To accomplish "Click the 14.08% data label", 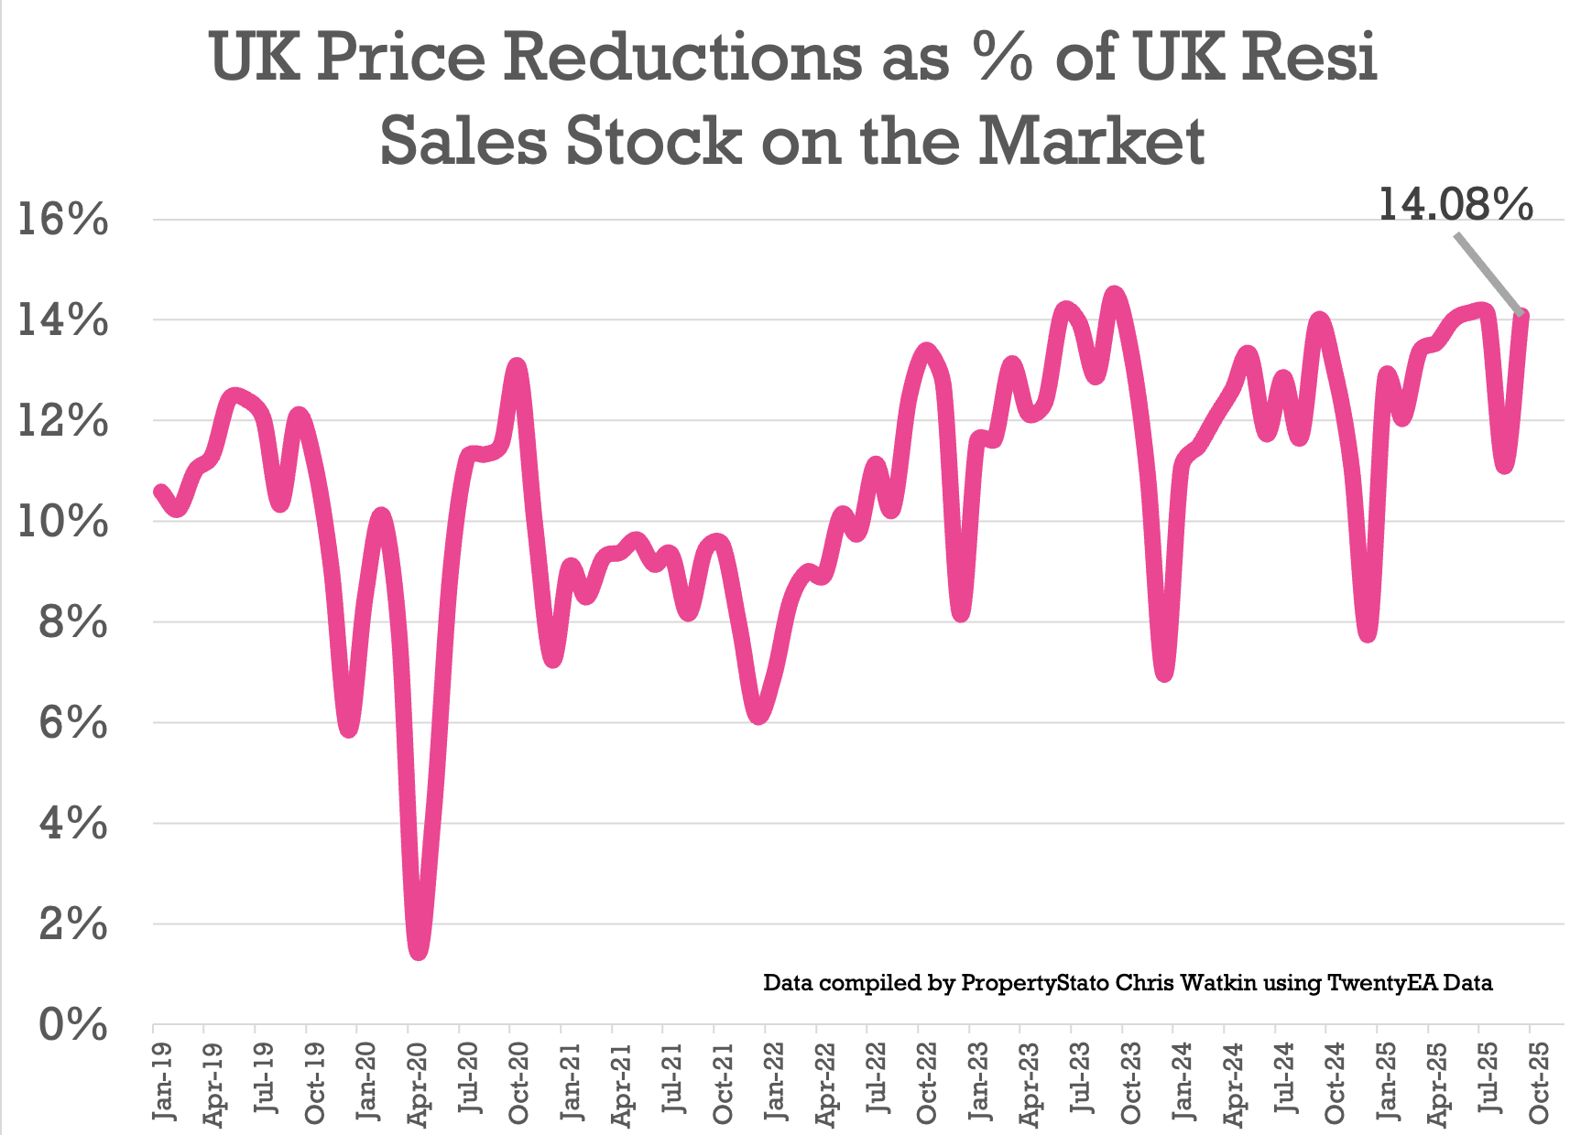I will [x=1455, y=205].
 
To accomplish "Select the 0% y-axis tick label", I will [x=73, y=1025].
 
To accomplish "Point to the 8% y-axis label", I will [x=73, y=623].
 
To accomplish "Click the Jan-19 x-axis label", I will [x=163, y=1081].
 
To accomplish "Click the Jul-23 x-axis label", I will [x=1081, y=1081].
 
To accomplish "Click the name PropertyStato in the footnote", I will [x=1035, y=983].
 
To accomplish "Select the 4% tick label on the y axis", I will [x=73, y=825].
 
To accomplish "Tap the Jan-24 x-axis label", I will [x=1182, y=1081].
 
